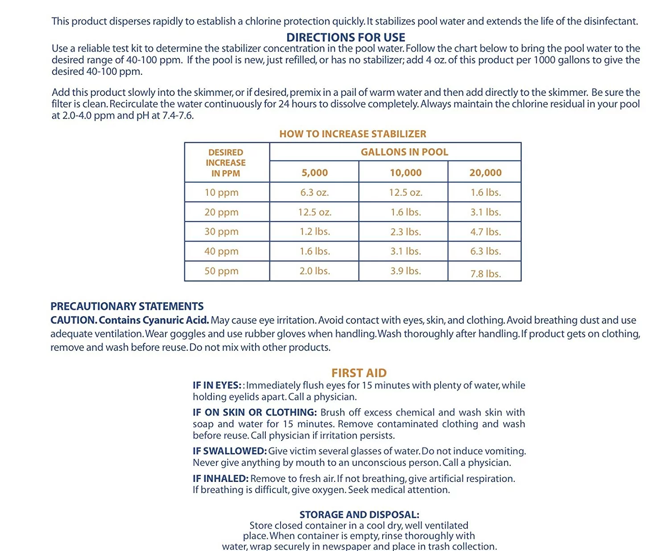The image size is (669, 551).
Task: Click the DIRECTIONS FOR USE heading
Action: (x=346, y=37)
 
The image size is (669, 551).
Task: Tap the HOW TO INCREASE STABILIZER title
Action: (x=353, y=134)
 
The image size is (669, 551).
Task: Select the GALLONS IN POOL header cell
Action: (x=404, y=152)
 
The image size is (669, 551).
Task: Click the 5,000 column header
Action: (x=314, y=173)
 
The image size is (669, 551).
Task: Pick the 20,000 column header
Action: (x=485, y=173)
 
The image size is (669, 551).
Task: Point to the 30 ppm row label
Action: (x=221, y=231)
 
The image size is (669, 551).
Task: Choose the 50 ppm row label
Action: (x=221, y=271)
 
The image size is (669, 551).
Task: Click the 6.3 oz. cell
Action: (x=314, y=193)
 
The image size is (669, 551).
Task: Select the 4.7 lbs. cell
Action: (x=485, y=232)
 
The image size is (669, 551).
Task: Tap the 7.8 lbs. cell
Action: (x=485, y=274)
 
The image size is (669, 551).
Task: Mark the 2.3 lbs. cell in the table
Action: (x=405, y=232)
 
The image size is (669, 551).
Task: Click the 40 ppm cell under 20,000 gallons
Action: (x=485, y=251)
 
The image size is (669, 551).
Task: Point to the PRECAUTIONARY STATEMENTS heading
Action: (x=127, y=306)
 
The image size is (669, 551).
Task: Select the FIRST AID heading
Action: (x=359, y=373)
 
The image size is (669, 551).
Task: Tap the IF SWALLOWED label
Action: (x=229, y=451)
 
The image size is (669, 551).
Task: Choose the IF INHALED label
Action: (x=220, y=478)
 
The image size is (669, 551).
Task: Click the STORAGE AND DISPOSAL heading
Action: (x=359, y=514)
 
